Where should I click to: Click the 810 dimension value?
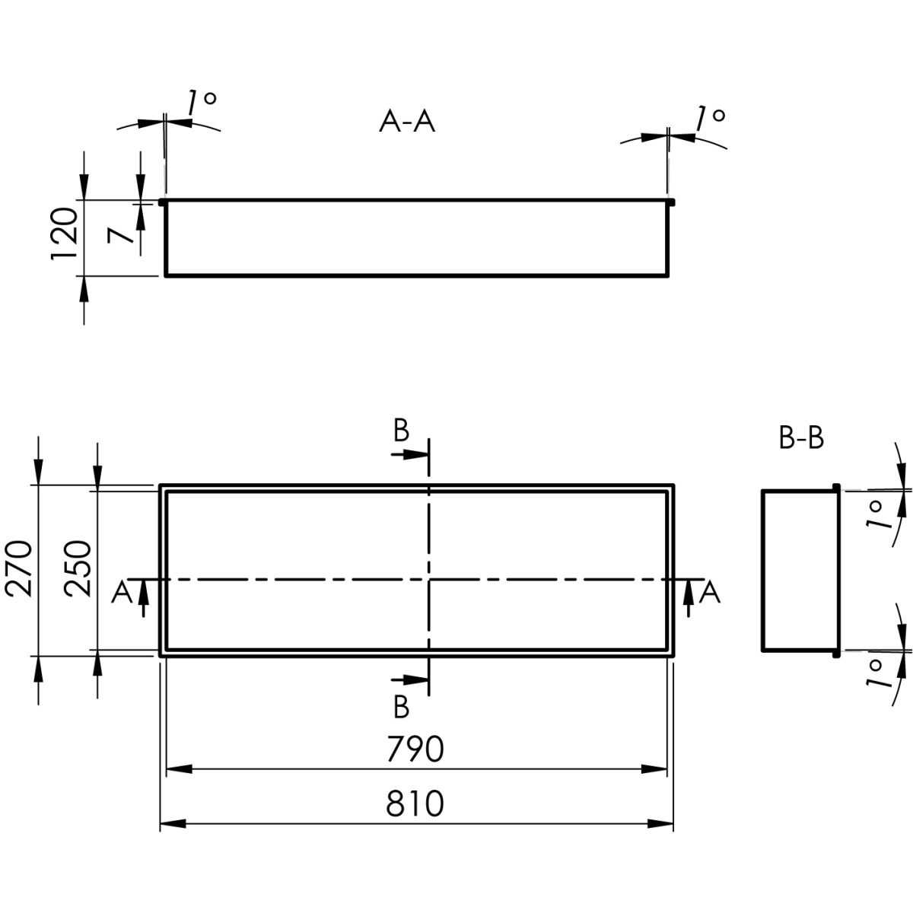click(415, 803)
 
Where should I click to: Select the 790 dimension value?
click(415, 749)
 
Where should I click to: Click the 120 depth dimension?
click(65, 234)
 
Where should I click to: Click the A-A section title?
click(407, 122)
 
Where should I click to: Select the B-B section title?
click(801, 439)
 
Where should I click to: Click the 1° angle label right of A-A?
click(709, 117)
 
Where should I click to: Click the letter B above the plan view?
click(401, 431)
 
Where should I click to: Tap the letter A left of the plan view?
click(120, 592)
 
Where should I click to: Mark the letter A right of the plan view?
click(709, 592)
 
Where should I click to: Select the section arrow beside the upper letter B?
click(409, 454)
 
